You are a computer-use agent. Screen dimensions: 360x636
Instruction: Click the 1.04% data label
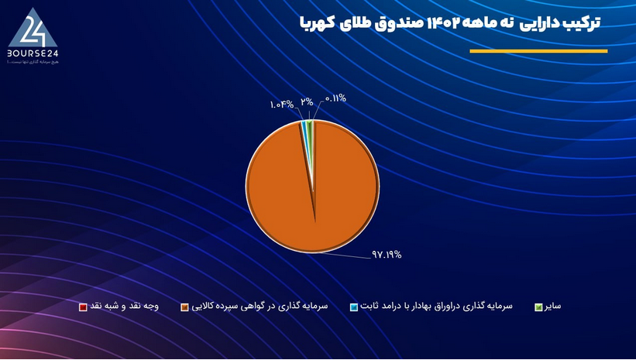point(282,104)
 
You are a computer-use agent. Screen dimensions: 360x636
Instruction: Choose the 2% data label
point(307,101)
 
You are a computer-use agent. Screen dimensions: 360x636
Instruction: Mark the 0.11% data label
point(335,98)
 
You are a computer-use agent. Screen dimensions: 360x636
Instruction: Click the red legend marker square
point(82,307)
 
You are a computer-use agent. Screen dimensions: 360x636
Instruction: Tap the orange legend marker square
point(184,307)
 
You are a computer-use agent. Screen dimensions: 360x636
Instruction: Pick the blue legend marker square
point(353,307)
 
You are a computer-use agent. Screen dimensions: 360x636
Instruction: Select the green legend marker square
point(538,307)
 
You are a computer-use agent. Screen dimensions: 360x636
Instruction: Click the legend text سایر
point(553,307)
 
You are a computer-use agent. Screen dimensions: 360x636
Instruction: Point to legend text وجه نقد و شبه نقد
point(123,307)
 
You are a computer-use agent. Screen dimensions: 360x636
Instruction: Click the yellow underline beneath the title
point(538,51)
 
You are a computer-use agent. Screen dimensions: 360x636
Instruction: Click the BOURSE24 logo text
point(34,52)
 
